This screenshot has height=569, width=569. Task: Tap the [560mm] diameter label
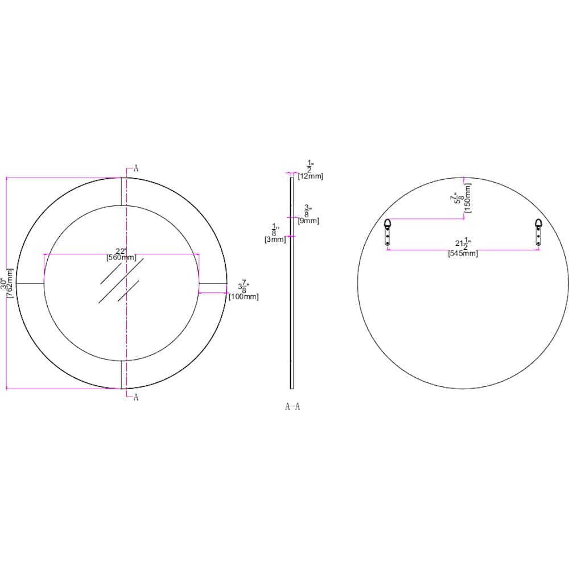121,258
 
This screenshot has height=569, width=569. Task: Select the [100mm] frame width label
244,296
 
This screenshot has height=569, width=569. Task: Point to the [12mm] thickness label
310,176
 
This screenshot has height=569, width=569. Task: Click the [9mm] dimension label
308,221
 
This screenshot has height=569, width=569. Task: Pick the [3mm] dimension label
275,240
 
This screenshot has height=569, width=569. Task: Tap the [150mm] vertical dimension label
468,198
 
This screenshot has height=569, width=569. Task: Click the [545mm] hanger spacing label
463,254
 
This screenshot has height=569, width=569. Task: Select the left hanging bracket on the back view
387,232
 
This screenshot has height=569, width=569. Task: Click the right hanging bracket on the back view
538,232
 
